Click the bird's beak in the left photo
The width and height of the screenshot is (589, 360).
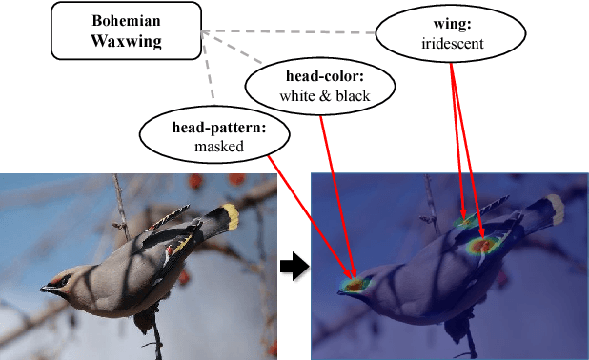coord(46,287)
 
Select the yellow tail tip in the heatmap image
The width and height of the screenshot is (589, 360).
coord(556,209)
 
